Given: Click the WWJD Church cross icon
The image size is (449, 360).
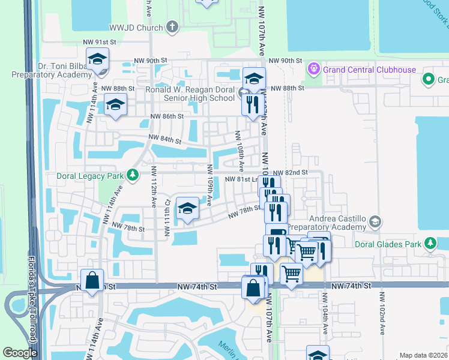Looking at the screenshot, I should pos(172,27).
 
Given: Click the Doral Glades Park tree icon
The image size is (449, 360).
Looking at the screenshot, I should pos(430,243).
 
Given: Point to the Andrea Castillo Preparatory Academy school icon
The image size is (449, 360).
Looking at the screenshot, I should pos(375,222).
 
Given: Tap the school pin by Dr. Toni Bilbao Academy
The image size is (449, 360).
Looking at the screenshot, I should pos(96,59).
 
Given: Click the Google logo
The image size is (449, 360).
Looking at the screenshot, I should pos(20,353).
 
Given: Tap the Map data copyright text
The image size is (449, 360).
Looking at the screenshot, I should pos(423,355).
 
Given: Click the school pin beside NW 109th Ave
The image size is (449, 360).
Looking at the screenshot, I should pos(187,209).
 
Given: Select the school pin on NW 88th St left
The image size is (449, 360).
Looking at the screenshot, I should pos(114,104).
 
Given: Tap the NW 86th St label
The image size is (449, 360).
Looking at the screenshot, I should pos(166,116).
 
